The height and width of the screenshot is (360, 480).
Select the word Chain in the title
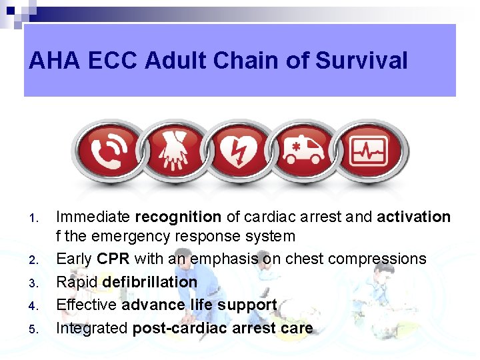243,61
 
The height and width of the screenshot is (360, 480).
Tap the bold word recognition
178,217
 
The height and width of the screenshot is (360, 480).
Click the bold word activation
413,217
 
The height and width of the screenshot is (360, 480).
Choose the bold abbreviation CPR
113,259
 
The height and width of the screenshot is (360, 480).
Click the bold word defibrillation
150,282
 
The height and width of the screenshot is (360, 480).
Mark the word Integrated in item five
92,328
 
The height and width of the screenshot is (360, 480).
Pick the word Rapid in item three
77,282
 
